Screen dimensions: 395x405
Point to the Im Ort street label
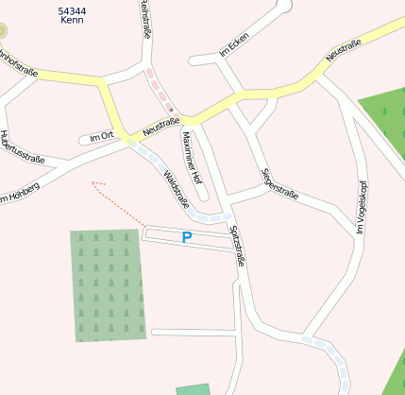(101, 138)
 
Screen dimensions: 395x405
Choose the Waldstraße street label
(177, 189)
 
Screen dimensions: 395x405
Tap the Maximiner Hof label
(192, 157)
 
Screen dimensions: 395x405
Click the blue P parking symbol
(186, 238)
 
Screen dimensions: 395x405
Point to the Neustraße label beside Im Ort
(160, 124)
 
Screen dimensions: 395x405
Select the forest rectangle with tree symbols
(109, 284)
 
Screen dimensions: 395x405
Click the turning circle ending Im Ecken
(284, 6)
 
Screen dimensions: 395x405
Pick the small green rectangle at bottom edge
(194, 389)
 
